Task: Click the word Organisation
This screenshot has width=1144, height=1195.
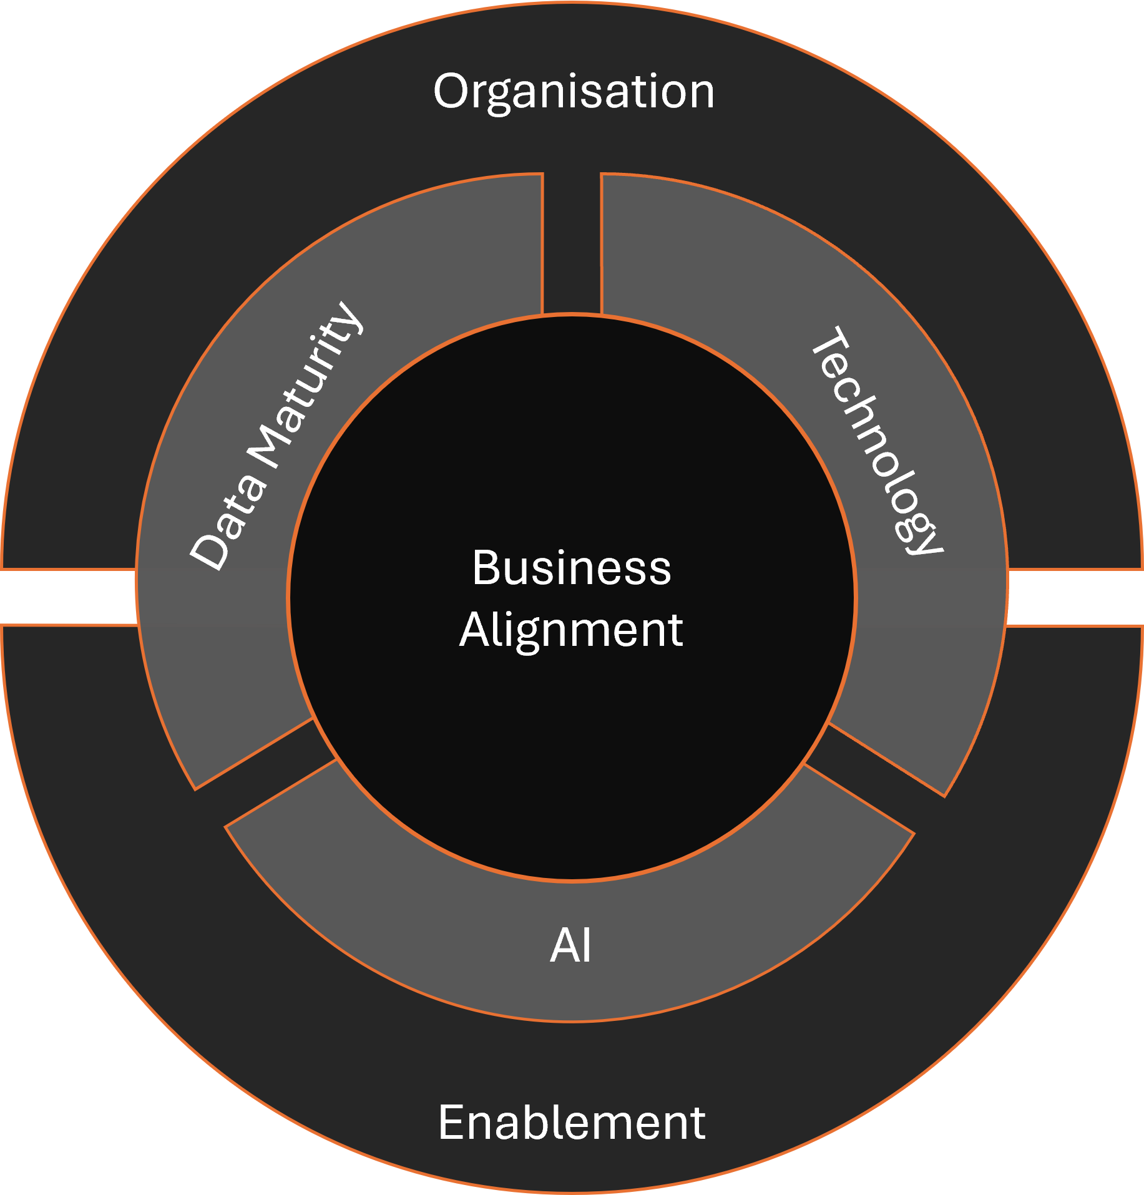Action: point(574,92)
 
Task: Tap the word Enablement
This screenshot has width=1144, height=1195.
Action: point(572,1123)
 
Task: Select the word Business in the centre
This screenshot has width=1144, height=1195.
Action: point(572,568)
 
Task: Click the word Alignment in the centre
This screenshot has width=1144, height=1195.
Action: point(572,630)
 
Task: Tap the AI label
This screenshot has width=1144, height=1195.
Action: point(570,946)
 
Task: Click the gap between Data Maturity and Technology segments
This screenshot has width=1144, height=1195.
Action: point(572,243)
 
